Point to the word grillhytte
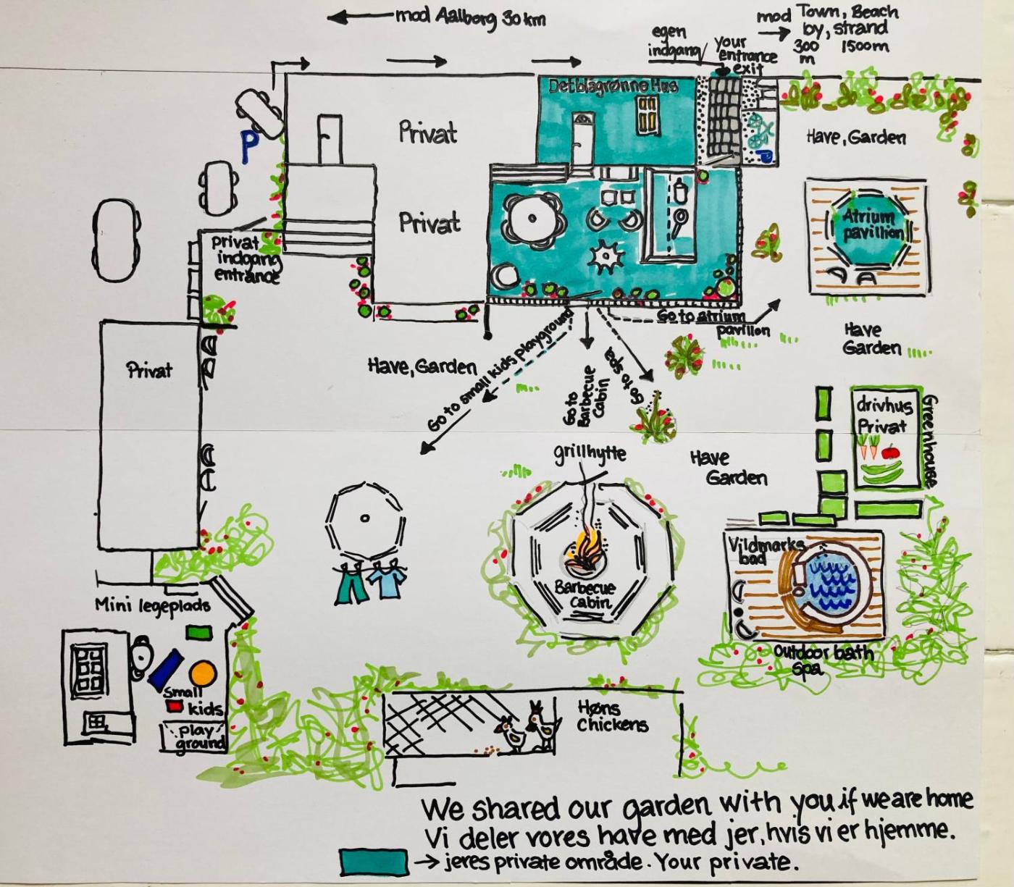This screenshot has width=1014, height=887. coord(590,454)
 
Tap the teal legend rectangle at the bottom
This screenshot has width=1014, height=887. coord(373,862)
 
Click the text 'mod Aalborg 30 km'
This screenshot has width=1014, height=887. coord(471,17)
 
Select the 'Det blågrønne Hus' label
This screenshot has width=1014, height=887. coord(613,85)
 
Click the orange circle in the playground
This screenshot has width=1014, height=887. coord(203,673)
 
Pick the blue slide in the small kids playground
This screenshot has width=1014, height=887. coord(166,668)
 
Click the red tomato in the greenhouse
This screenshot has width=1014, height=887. coord(890,453)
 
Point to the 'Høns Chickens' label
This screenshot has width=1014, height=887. coord(612,715)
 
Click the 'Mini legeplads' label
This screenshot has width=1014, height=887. coord(153,604)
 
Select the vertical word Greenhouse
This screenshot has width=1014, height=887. coord(931,440)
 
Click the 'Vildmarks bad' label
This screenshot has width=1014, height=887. coord(766,549)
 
